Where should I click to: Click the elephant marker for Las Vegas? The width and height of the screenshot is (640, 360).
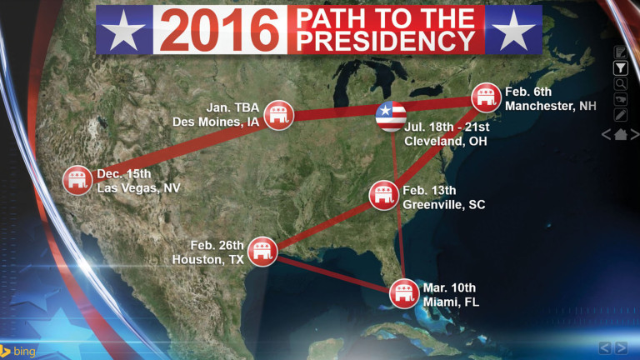point(78,179)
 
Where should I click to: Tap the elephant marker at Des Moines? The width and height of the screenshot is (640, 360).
point(275,117)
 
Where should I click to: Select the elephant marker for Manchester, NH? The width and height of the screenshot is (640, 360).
point(486,97)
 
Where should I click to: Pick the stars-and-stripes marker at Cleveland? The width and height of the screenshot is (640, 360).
point(390,117)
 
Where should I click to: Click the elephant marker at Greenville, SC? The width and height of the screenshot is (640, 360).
point(383,196)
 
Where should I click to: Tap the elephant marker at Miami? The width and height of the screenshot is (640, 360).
point(404,293)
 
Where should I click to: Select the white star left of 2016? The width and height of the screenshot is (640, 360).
point(125,32)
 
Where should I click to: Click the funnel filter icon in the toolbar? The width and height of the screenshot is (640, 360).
point(620,68)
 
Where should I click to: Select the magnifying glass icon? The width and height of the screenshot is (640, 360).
point(620,83)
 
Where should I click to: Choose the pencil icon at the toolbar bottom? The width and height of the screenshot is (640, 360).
point(620,114)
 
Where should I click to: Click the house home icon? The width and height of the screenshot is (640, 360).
point(621,134)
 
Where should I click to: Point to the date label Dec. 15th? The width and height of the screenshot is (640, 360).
point(123,174)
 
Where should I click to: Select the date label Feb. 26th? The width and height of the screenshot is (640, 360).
point(217,245)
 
